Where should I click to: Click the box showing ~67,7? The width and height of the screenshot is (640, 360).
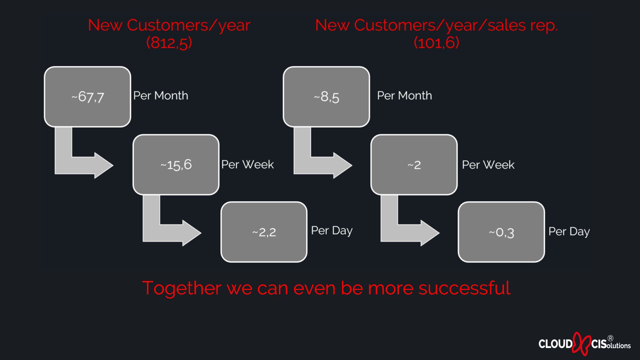point(87,97)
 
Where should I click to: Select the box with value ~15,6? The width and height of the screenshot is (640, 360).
point(176,165)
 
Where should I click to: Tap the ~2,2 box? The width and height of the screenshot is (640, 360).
point(264,232)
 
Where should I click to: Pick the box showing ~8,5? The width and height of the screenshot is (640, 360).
point(326,97)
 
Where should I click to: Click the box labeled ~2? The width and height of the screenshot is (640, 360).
point(414,165)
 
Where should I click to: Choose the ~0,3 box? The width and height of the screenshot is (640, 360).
point(501,232)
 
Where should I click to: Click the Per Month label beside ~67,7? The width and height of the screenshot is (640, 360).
point(161,96)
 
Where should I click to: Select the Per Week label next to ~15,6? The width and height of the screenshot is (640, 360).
point(248,164)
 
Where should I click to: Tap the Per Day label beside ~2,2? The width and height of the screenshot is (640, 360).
point(332,231)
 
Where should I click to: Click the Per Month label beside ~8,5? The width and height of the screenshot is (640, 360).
point(404,96)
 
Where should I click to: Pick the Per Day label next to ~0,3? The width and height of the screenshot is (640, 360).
point(569,232)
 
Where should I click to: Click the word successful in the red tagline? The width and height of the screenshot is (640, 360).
point(464,288)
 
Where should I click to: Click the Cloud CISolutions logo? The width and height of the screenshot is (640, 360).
point(585,343)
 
